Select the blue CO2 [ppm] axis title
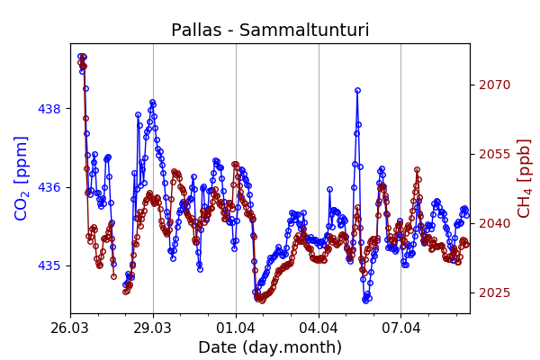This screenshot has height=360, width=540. [22, 178]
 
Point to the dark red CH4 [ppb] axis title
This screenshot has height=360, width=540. [525, 178]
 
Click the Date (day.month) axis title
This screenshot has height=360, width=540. [269, 347]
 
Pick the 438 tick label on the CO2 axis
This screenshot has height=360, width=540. [49, 109]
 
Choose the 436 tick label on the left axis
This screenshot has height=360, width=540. [49, 187]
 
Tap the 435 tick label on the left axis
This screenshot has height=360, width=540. [49, 265]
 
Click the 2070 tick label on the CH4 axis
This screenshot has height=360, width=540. [494, 85]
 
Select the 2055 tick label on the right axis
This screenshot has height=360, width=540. [494, 154]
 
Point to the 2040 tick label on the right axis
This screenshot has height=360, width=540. [494, 223]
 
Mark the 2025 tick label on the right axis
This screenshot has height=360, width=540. [494, 292]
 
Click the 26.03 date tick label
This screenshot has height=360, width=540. [70, 328]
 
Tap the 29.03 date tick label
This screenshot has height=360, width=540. [153, 328]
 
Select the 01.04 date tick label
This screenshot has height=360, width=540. [236, 328]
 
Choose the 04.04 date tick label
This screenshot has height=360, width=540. [319, 328]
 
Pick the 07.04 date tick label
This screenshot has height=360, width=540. [400, 328]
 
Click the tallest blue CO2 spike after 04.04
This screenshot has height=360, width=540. [357, 91]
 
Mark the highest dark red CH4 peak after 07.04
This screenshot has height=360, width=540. [417, 169]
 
